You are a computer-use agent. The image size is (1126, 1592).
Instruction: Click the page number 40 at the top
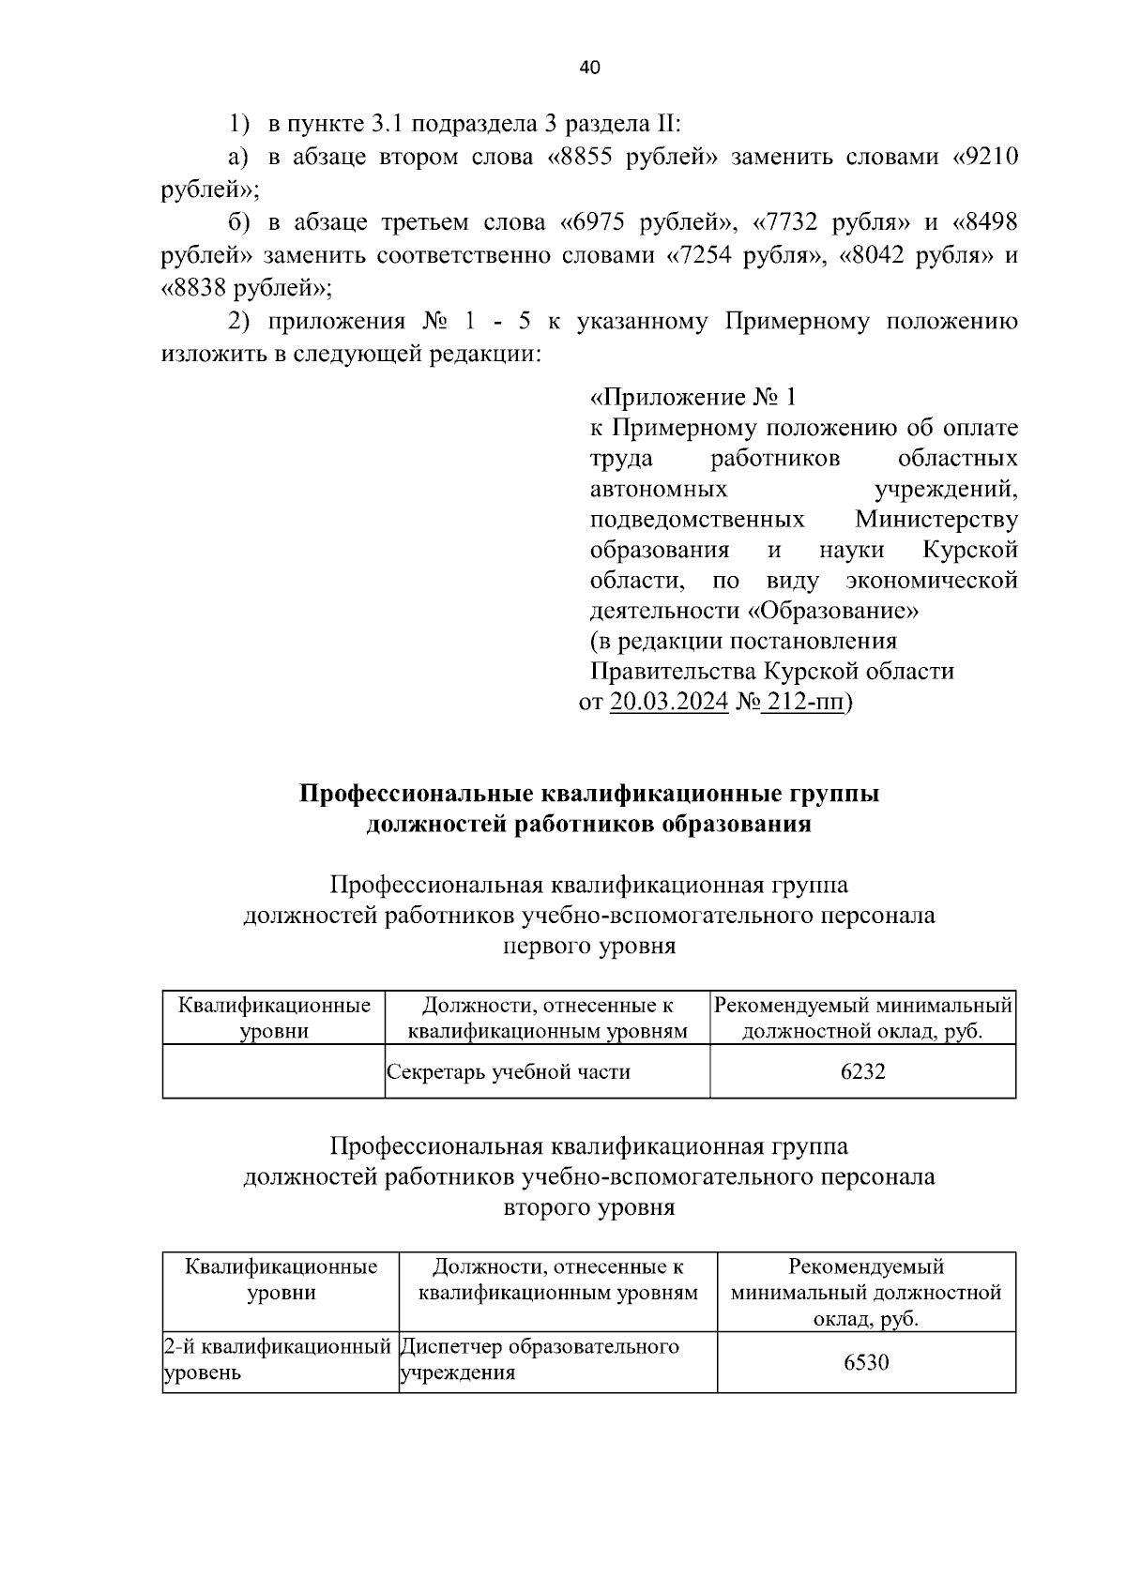point(589,68)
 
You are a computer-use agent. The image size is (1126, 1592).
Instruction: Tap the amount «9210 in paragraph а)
point(985,157)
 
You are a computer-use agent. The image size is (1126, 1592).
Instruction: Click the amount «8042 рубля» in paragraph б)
point(915,255)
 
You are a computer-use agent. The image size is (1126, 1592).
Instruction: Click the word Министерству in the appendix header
point(936,520)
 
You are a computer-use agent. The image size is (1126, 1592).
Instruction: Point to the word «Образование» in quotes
point(833,611)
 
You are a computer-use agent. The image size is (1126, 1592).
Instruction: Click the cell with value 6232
point(862,1071)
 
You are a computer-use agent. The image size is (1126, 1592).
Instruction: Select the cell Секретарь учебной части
point(509,1071)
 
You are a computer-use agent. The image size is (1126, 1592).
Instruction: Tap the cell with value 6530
point(865,1361)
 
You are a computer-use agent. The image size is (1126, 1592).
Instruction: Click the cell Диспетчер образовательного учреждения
point(539,1360)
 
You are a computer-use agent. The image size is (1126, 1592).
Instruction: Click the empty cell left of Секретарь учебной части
point(273,1071)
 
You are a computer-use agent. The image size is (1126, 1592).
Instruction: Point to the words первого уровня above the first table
point(589,946)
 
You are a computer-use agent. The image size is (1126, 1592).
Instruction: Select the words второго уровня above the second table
point(589,1207)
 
